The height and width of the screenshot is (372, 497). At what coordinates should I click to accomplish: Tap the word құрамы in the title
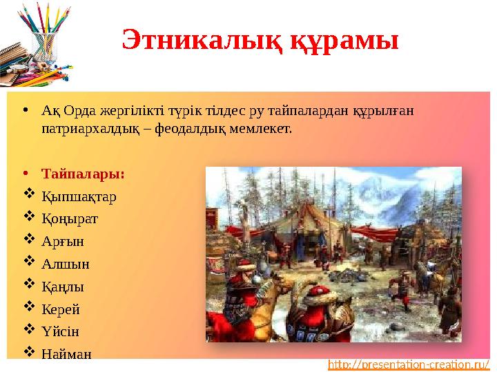[344, 41]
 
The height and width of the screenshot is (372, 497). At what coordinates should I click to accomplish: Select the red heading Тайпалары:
[84, 174]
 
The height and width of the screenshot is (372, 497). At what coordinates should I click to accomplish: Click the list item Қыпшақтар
[79, 196]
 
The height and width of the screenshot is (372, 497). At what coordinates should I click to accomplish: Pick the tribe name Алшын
[66, 264]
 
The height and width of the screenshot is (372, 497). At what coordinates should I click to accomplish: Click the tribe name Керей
[64, 309]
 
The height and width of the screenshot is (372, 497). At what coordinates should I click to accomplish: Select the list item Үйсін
[61, 331]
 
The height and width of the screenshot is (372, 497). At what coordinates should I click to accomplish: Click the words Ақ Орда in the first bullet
[68, 112]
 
